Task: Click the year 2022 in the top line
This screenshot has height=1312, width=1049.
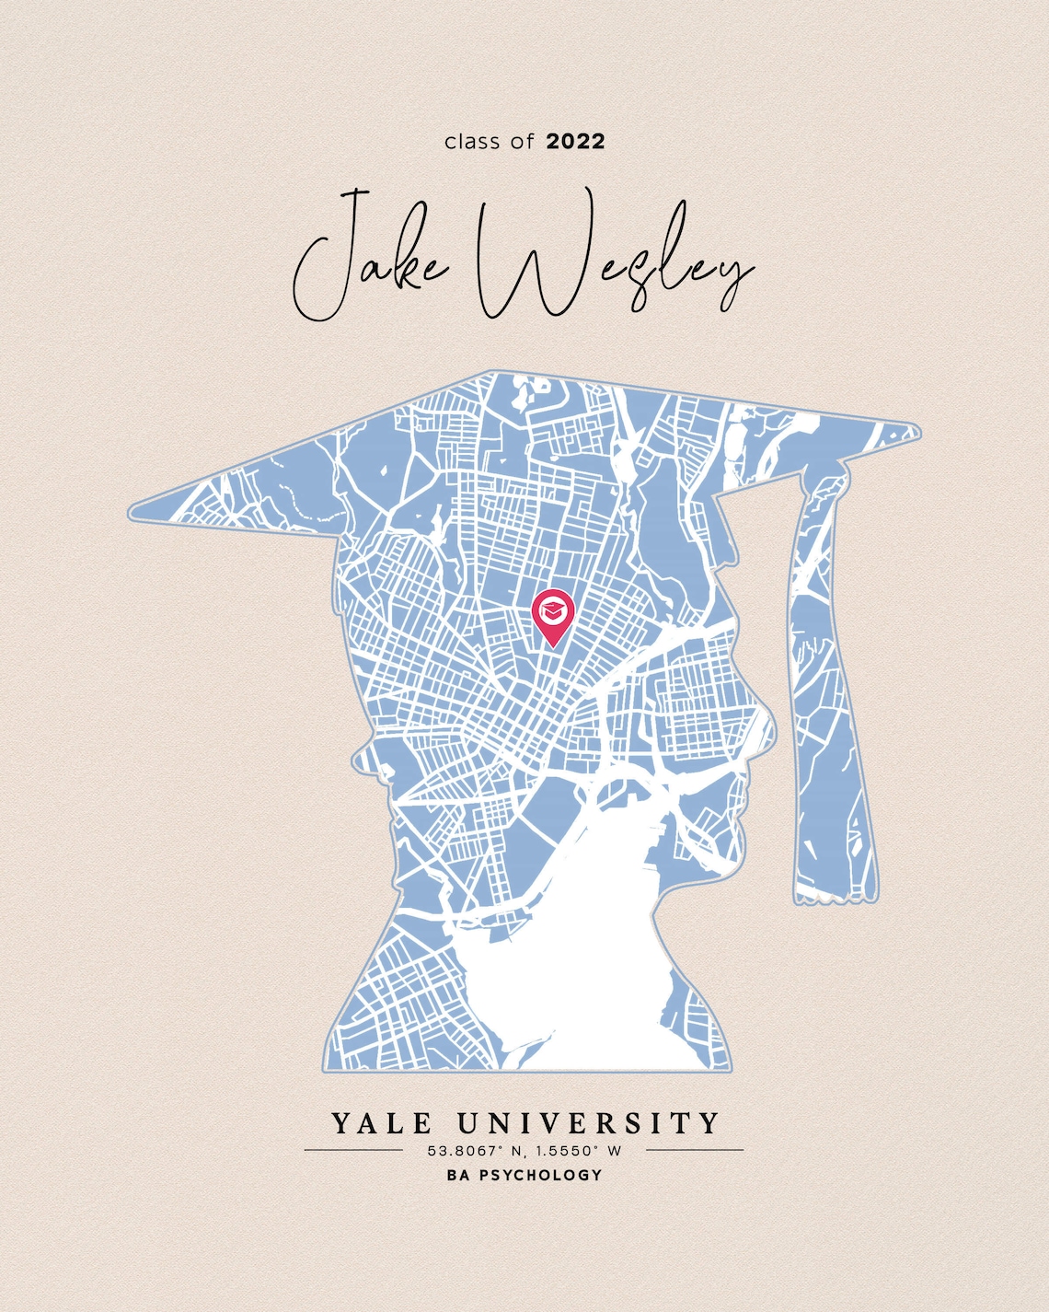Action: (x=575, y=142)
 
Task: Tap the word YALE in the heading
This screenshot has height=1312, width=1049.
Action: (x=381, y=1124)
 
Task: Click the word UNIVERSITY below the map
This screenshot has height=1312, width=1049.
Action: (x=589, y=1124)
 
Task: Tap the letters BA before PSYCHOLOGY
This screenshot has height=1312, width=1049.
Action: (x=457, y=1176)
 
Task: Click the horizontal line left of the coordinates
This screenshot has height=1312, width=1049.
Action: (x=353, y=1150)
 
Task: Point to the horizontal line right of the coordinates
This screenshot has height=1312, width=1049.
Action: (x=695, y=1150)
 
